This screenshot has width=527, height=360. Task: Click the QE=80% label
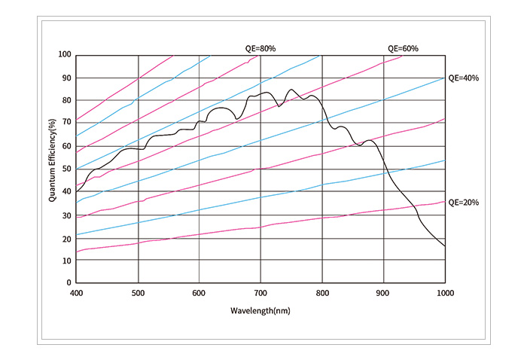click(x=261, y=49)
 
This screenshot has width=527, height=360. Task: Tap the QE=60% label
click(x=403, y=49)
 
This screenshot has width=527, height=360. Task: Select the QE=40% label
click(x=464, y=78)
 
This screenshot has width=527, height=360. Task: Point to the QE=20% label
click(x=464, y=203)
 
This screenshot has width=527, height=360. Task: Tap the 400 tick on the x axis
click(x=76, y=292)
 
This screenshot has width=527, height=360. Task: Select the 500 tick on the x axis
click(x=138, y=292)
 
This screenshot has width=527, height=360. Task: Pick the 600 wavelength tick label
click(x=199, y=292)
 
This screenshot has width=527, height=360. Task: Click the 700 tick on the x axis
click(x=260, y=292)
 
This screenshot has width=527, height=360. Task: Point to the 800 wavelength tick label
click(x=322, y=292)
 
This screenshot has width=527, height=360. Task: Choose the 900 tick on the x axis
click(x=383, y=292)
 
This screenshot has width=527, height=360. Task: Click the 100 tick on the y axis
click(x=65, y=55)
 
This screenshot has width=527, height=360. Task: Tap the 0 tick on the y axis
click(x=69, y=282)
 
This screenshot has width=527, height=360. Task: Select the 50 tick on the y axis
click(x=67, y=169)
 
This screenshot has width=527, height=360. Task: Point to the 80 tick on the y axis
click(x=67, y=100)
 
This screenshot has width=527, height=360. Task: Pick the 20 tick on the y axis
click(x=67, y=237)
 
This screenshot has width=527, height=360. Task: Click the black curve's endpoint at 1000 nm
click(x=445, y=246)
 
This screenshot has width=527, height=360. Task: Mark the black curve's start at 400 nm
click(x=76, y=192)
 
